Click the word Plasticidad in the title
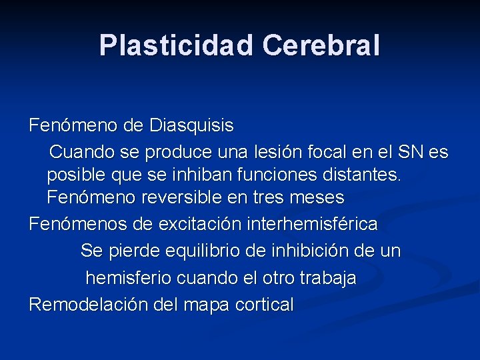click(x=176, y=45)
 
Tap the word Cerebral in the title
click(x=321, y=45)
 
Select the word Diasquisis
click(x=192, y=125)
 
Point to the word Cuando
click(x=82, y=153)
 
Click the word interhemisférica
click(x=312, y=224)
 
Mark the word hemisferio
click(x=129, y=278)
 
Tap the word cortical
click(x=262, y=305)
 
